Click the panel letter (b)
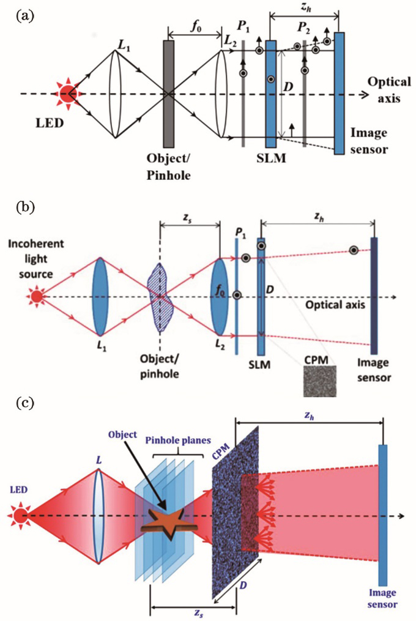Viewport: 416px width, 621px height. click(25, 202)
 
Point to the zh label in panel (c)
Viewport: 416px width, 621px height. click(310, 415)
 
